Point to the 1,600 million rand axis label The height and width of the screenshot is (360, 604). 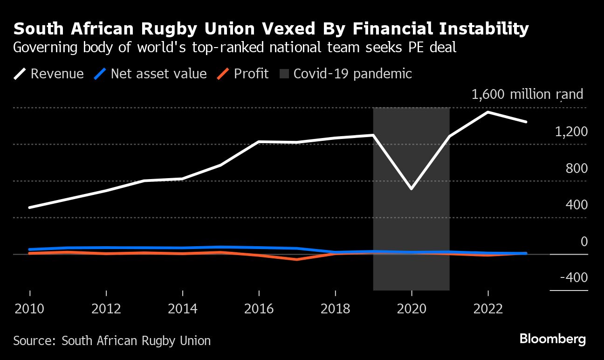(x=527, y=95)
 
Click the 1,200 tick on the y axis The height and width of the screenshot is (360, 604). (x=571, y=132)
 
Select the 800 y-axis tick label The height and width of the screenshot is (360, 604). (x=577, y=168)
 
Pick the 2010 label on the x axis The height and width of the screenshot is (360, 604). (x=30, y=309)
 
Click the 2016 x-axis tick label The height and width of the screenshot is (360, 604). (x=259, y=309)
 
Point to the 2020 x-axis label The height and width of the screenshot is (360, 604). (x=412, y=309)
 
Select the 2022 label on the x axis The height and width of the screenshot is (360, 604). (x=487, y=309)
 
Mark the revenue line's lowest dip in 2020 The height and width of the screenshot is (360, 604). (x=412, y=188)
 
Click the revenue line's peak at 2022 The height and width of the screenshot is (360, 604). (x=487, y=112)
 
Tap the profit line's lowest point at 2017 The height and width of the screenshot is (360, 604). (x=297, y=259)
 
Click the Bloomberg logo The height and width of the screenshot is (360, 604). (x=552, y=339)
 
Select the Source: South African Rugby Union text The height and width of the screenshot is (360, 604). (x=112, y=341)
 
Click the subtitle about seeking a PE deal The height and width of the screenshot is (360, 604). (x=234, y=48)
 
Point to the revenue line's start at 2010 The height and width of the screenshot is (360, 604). (x=30, y=207)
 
